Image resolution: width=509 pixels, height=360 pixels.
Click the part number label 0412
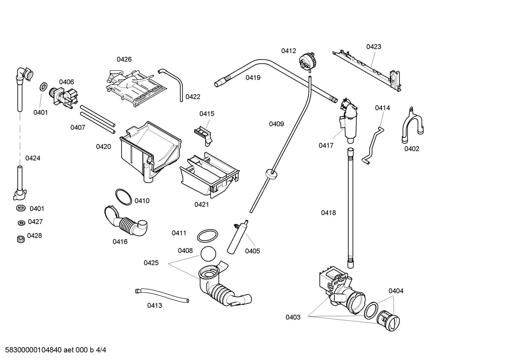[x=288, y=51]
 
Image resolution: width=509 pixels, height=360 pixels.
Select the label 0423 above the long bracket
[x=373, y=47]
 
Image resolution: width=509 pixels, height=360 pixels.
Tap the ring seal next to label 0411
[x=207, y=235]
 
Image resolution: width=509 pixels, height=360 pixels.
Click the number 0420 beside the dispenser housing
[x=103, y=147]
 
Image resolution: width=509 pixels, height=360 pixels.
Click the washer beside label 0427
[x=21, y=223]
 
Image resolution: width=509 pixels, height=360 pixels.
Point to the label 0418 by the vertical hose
[x=328, y=213]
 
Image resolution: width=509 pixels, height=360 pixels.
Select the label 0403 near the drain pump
[x=293, y=317]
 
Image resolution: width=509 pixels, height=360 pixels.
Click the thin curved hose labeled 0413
[x=162, y=295]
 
